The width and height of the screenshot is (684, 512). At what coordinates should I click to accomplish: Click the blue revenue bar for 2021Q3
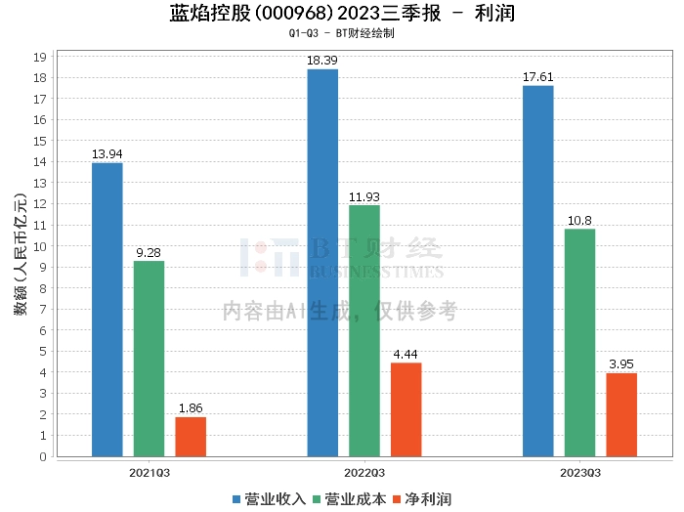(x=107, y=310)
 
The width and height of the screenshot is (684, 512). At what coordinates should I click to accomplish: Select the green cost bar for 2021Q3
(x=149, y=359)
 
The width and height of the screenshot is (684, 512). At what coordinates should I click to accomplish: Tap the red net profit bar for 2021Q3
(x=191, y=437)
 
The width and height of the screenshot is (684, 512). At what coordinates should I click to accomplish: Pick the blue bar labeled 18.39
(x=322, y=263)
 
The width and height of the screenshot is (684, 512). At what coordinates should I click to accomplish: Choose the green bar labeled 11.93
(x=364, y=330)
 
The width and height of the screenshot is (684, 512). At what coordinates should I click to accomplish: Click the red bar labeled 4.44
(x=406, y=409)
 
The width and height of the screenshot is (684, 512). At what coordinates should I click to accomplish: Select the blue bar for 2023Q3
(x=538, y=271)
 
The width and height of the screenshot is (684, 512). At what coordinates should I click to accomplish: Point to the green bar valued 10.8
(x=579, y=342)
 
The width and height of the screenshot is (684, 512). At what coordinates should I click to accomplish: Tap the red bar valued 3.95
(x=621, y=414)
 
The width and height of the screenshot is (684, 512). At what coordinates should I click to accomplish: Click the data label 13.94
(x=107, y=154)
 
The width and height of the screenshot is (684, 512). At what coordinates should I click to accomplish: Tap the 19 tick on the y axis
(x=41, y=57)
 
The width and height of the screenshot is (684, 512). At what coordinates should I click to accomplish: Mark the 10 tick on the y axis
(x=41, y=246)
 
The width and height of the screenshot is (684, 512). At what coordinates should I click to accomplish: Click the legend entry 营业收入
(x=270, y=499)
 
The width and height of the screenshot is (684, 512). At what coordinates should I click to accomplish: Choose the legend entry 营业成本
(x=350, y=499)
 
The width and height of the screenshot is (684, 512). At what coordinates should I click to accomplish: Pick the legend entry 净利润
(x=422, y=499)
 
